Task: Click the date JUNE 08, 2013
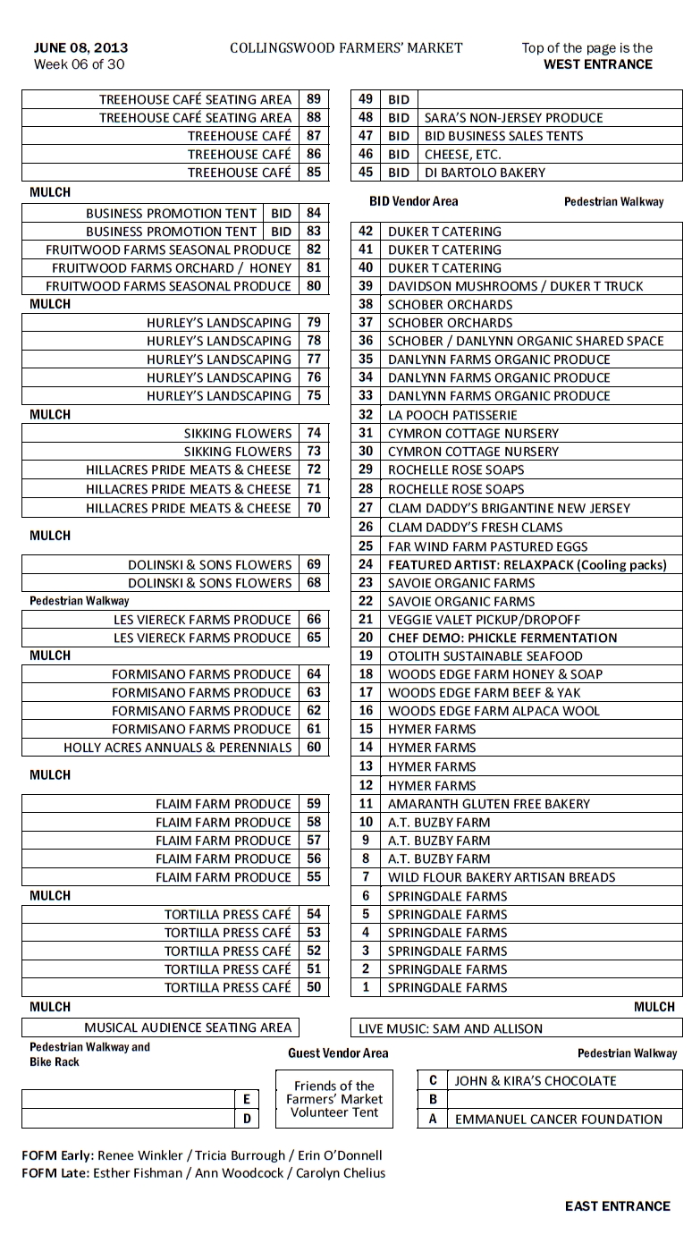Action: (x=80, y=47)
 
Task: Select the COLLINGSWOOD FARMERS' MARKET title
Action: (x=346, y=47)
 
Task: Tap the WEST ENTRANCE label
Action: (x=597, y=64)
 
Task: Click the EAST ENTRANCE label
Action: (x=617, y=1206)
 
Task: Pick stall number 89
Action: (x=313, y=99)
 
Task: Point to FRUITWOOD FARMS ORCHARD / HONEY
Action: (x=172, y=267)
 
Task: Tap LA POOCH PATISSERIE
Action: (x=452, y=415)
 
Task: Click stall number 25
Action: (x=365, y=545)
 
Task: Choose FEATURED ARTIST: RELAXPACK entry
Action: (x=527, y=564)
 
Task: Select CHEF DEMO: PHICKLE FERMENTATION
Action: (x=502, y=638)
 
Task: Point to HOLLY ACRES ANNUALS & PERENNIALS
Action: (x=177, y=748)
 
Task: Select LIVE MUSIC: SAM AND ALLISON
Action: (x=462, y=1028)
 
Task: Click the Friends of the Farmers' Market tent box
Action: (x=334, y=1099)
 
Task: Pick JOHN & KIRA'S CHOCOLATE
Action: (x=535, y=1080)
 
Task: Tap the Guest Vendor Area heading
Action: (x=338, y=1053)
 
